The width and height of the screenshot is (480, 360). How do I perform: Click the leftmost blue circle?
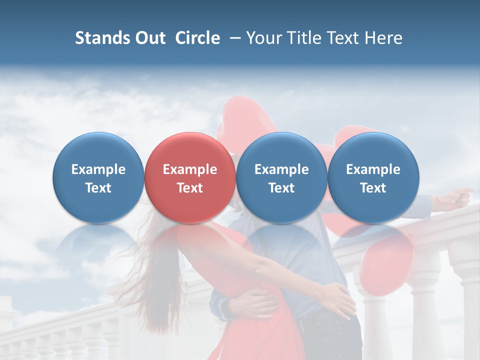pos(98,177)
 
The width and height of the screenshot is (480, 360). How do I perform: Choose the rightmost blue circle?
pos(373,177)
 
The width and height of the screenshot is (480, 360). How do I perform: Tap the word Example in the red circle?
pos(189,169)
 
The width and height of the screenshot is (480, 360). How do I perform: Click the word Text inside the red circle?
pos(189,188)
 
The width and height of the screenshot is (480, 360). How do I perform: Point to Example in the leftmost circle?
pos(98,169)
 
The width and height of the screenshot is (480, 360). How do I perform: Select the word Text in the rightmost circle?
pos(373,188)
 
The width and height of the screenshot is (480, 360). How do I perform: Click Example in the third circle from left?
pos(281,169)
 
